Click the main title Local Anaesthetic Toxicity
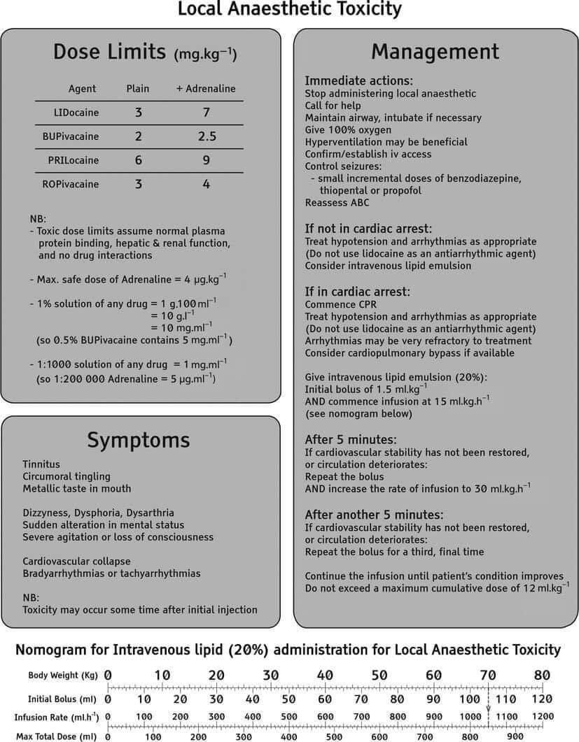[x=289, y=10]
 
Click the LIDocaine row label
[x=76, y=112]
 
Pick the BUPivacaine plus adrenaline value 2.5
[x=206, y=136]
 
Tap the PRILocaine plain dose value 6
[x=138, y=160]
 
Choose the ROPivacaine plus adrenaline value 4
[x=206, y=185]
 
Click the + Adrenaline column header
[x=206, y=89]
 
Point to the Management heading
[x=435, y=52]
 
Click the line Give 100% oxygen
[x=348, y=129]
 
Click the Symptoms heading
[x=139, y=440]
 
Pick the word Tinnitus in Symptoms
[x=41, y=464]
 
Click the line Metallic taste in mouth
[x=76, y=488]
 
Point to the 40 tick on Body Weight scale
[x=325, y=676]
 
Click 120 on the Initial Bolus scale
[x=542, y=699]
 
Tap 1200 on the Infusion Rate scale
[x=542, y=717]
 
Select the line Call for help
[x=332, y=105]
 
